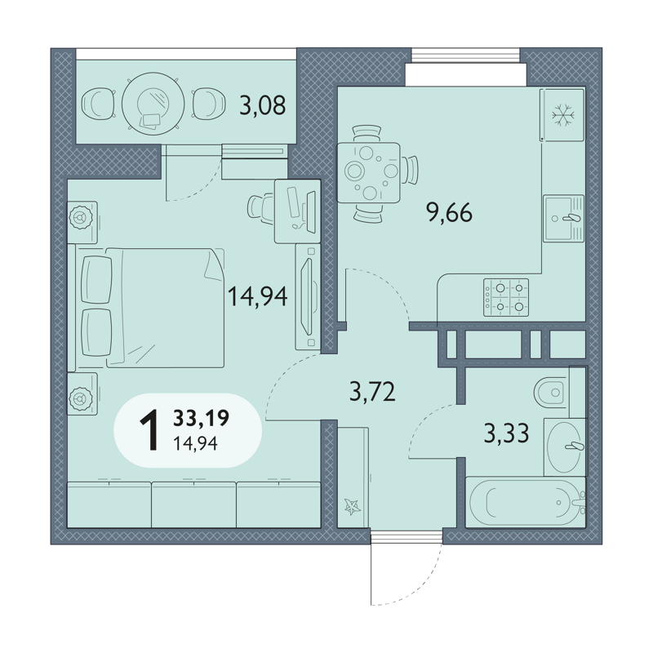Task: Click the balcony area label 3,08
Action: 262,105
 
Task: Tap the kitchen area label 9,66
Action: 449,213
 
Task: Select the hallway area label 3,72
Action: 372,392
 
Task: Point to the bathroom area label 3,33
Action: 506,433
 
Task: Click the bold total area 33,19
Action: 201,418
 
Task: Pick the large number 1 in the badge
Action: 150,430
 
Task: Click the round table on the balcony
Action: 153,104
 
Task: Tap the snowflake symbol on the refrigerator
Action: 563,114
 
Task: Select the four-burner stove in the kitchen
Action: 506,297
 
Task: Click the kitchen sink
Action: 563,218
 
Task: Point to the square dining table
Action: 368,173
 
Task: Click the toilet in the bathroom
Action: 552,392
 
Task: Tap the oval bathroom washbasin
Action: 564,446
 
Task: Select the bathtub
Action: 526,502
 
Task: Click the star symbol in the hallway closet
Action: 353,507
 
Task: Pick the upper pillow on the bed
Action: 97,279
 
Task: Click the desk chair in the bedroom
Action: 260,207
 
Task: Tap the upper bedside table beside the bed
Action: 82,222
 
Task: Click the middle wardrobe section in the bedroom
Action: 194,504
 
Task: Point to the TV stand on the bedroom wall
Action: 308,296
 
